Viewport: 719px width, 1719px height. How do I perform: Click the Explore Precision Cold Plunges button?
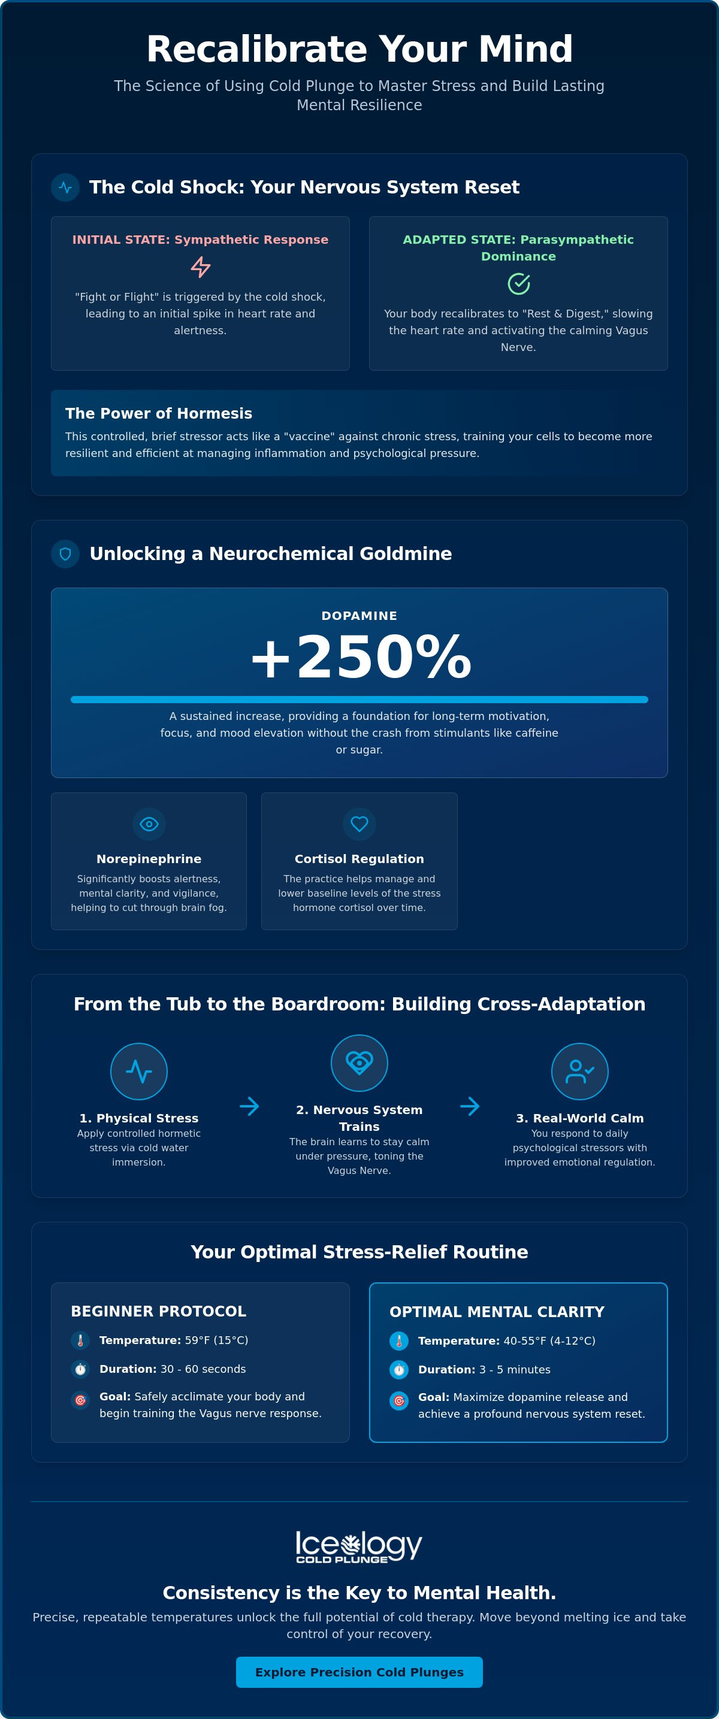tap(359, 1672)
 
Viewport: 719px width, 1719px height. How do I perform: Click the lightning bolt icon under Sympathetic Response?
tap(200, 267)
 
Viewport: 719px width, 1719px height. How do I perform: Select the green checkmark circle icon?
tap(519, 284)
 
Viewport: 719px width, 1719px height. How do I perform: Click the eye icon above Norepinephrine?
tap(149, 824)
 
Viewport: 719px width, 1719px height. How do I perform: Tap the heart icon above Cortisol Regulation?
tap(359, 824)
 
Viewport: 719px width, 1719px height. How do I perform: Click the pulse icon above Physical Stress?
tap(139, 1071)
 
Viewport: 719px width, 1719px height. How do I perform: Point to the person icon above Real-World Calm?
tap(579, 1071)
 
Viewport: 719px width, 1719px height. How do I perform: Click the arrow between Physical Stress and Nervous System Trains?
tap(249, 1106)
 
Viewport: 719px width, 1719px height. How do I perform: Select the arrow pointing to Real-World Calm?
tap(469, 1106)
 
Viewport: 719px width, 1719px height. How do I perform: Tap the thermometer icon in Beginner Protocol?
tap(80, 1340)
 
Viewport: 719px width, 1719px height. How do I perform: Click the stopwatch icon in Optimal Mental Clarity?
tap(398, 1369)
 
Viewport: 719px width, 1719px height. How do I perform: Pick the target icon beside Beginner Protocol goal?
tap(80, 1399)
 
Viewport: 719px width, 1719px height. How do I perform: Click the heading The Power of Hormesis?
tap(159, 413)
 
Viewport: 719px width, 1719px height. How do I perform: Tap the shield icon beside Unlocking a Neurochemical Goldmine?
tap(65, 554)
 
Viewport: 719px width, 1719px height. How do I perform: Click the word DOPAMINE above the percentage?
tap(359, 615)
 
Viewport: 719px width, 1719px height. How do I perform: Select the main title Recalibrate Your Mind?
tap(359, 49)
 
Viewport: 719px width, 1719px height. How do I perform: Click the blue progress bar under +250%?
tap(359, 700)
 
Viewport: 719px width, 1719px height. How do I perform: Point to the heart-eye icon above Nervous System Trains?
tap(359, 1063)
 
